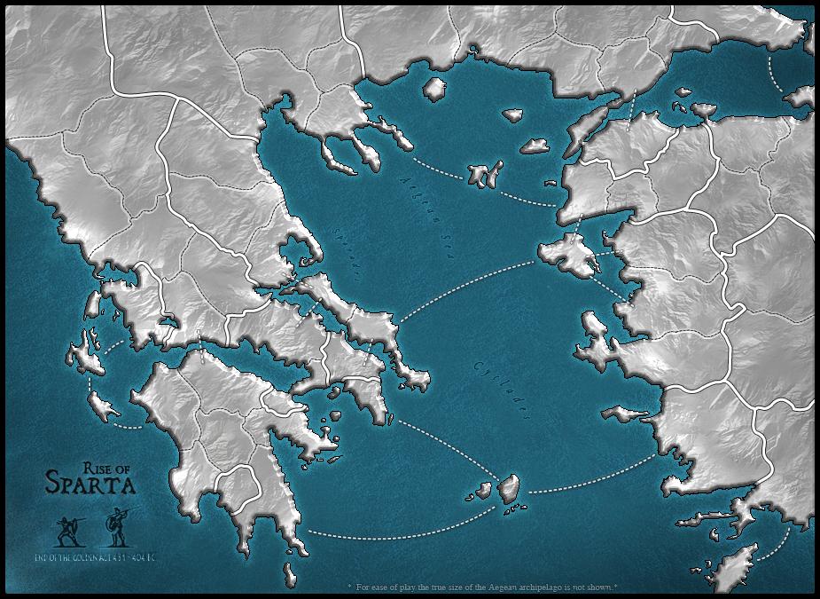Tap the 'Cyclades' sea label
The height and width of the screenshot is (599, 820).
click(502, 390)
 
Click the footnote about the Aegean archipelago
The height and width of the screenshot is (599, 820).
click(483, 587)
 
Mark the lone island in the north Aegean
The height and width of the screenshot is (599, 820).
click(434, 89)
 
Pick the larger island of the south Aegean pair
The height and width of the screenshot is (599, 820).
click(509, 487)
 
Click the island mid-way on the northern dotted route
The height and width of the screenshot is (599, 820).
click(485, 174)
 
